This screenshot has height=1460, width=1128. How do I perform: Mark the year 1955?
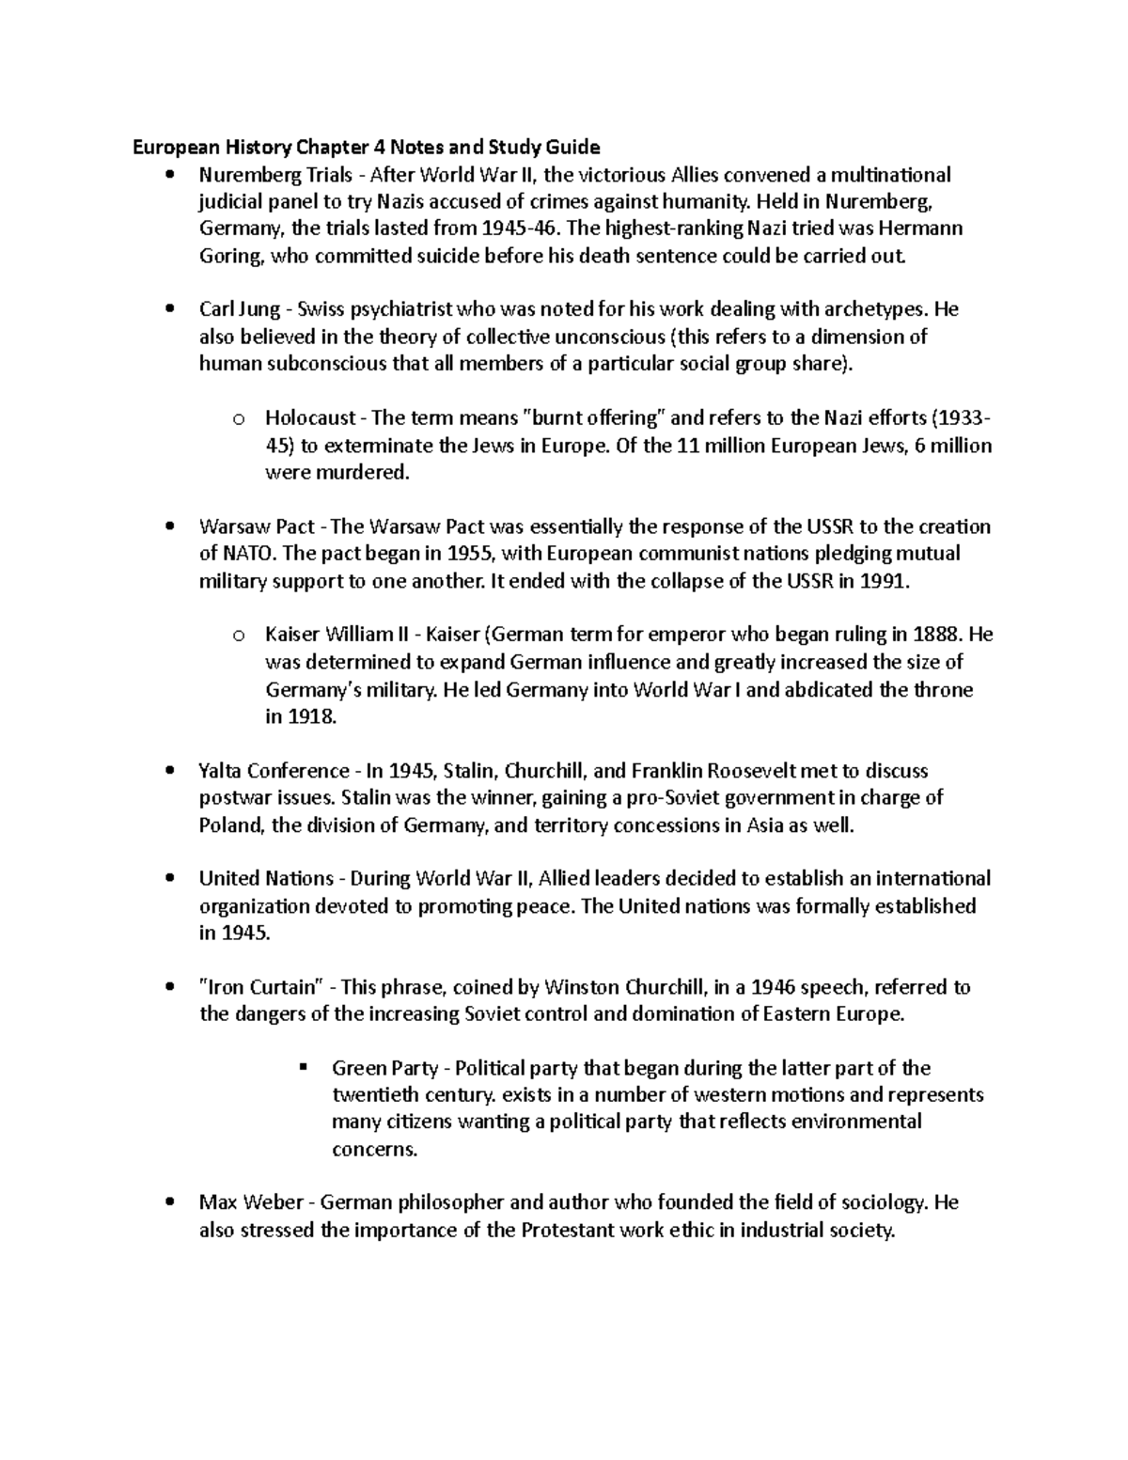pos(468,554)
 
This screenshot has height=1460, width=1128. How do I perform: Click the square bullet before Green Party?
pos(303,1068)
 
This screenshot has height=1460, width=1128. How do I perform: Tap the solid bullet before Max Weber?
pos(169,1202)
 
